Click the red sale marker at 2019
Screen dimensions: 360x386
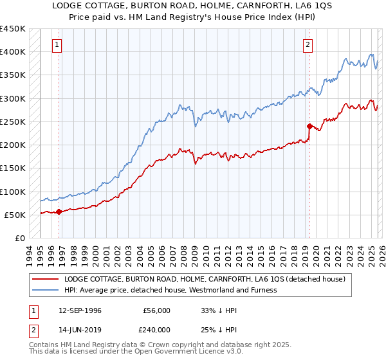click(x=309, y=126)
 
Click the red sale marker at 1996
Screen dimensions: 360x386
click(x=59, y=212)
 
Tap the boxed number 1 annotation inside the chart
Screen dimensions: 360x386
click(x=58, y=45)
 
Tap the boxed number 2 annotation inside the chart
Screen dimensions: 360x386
click(x=308, y=45)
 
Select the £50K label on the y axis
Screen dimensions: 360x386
click(x=15, y=215)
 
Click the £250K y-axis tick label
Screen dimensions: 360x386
click(x=13, y=122)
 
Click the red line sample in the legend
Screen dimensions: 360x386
click(x=46, y=279)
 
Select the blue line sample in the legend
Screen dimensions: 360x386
click(x=46, y=290)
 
